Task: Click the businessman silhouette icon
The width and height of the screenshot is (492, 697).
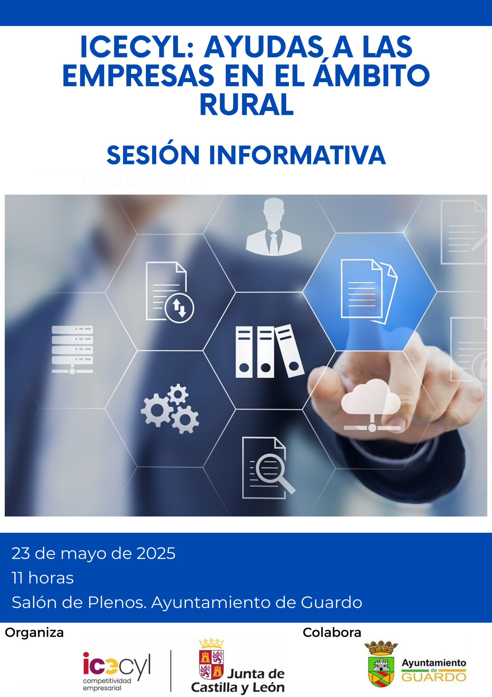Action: click(274, 227)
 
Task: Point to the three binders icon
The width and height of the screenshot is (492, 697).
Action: click(270, 351)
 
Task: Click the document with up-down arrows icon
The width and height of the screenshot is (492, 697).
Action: click(169, 292)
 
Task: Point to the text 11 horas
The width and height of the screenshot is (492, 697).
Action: click(43, 578)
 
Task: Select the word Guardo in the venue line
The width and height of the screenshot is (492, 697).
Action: click(331, 603)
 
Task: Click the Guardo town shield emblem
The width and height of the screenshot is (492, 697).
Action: click(381, 664)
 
